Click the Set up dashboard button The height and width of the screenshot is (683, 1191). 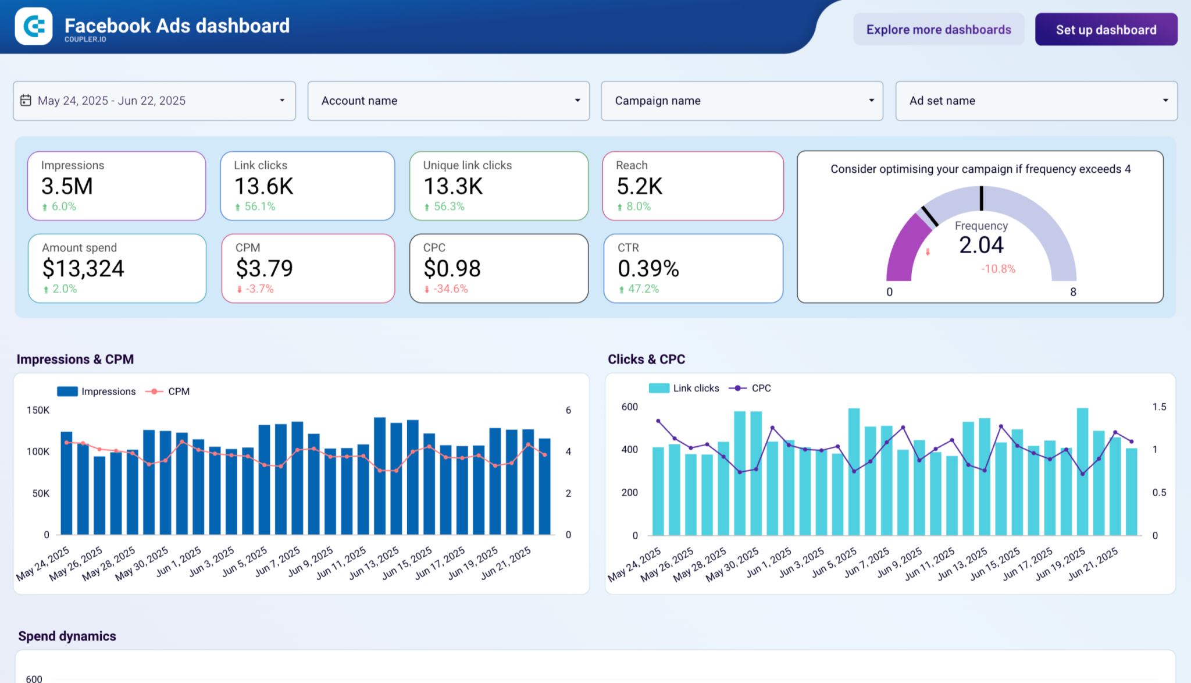click(1106, 30)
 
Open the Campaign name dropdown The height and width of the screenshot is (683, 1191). click(741, 101)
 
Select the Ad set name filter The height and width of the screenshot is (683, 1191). click(1036, 101)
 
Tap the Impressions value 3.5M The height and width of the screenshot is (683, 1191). click(67, 187)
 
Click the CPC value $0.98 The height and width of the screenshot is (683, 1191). click(452, 269)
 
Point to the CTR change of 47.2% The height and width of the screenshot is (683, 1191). click(643, 289)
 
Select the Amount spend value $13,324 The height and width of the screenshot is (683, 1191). click(83, 269)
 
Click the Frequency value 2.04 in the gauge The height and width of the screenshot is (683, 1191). click(981, 245)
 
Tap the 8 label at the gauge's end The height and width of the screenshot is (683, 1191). click(1073, 292)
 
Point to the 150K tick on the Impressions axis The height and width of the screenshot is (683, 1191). click(38, 410)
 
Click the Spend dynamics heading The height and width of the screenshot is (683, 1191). click(67, 636)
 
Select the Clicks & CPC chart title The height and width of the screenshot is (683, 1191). click(646, 359)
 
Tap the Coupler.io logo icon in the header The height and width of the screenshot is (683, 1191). click(34, 26)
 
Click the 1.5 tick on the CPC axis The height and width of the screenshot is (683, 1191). click(1159, 407)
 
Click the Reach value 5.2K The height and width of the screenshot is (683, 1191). click(639, 187)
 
